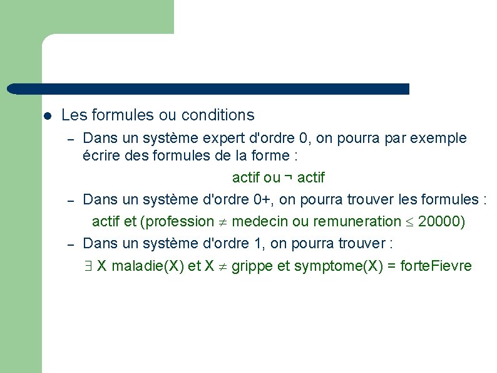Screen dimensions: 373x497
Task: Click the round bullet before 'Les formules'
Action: (47, 116)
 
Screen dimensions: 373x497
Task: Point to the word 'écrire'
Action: (101, 155)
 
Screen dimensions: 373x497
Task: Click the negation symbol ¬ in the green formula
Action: (289, 177)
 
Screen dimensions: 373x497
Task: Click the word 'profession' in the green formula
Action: (182, 221)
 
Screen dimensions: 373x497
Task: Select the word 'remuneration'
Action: (351, 221)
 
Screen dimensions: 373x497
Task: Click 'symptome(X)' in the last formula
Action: (334, 266)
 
